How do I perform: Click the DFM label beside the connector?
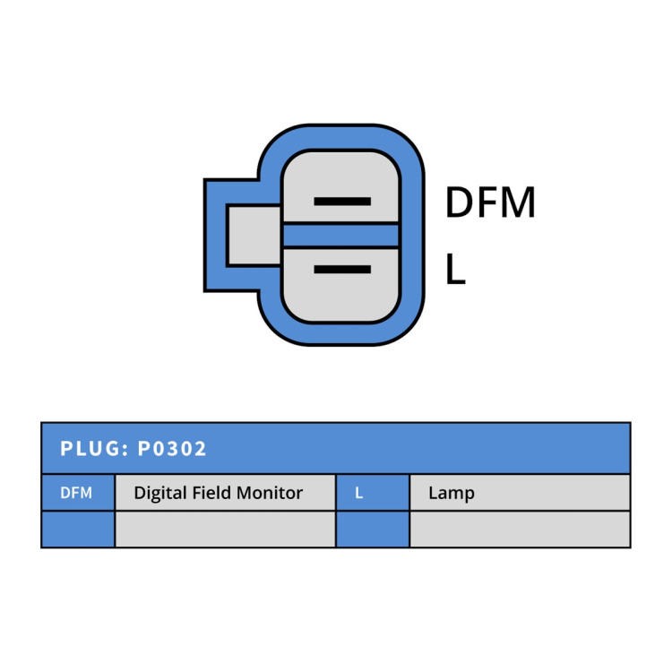(x=490, y=202)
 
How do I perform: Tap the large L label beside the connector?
(x=455, y=269)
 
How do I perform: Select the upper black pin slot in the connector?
(x=342, y=202)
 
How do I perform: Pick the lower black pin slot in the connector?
(x=342, y=269)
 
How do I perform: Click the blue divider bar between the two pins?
(x=341, y=236)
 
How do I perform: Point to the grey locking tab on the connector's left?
(x=254, y=236)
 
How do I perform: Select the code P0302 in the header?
(x=172, y=449)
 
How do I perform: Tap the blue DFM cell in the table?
(x=78, y=493)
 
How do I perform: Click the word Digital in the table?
(x=160, y=494)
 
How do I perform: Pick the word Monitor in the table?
(x=270, y=493)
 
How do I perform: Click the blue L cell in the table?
(x=373, y=493)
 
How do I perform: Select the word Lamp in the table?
(x=452, y=494)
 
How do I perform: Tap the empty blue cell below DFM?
(x=78, y=530)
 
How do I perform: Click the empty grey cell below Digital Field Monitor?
(x=225, y=530)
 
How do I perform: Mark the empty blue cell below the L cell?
(x=373, y=530)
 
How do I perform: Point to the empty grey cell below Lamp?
(x=520, y=530)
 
